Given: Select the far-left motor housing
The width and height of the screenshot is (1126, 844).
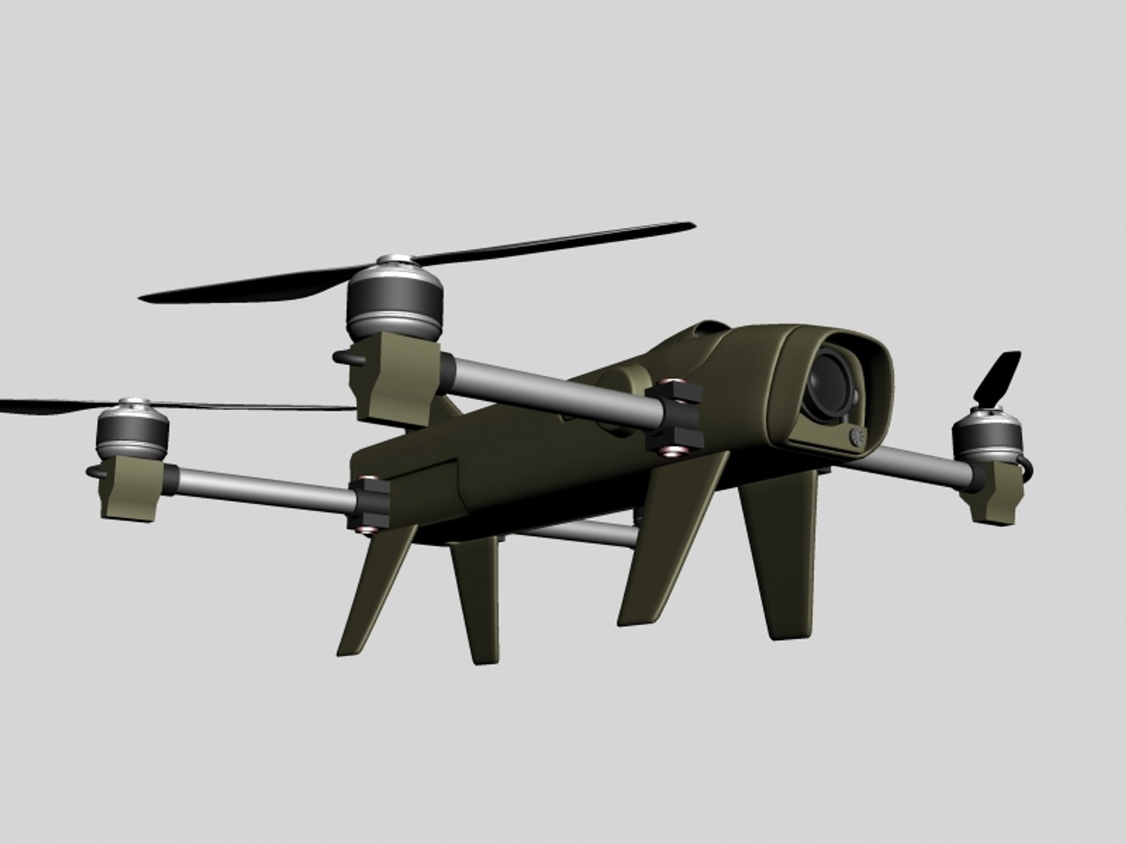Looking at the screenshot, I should tap(133, 434).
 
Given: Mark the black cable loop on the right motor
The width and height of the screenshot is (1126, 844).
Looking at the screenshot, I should tap(1029, 468).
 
